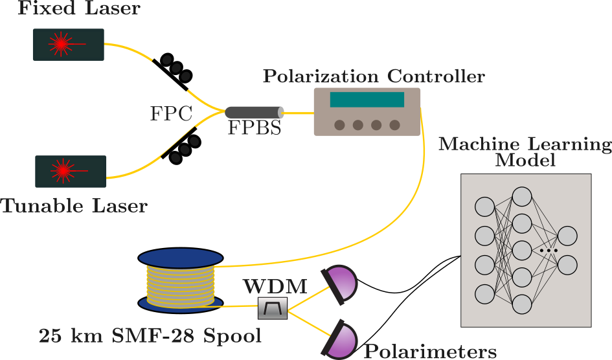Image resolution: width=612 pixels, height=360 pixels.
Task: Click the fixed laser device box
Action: (x=69, y=45)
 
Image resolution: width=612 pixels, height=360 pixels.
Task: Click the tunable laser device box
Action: (x=70, y=172)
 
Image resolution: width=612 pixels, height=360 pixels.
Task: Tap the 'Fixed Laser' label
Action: (x=79, y=9)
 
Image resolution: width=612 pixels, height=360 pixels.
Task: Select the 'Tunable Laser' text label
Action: (x=74, y=207)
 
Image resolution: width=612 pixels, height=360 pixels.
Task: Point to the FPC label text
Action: (x=171, y=114)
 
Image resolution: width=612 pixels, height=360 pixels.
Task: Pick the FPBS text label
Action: (x=255, y=129)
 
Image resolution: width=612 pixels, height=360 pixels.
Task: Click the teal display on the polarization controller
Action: (x=367, y=100)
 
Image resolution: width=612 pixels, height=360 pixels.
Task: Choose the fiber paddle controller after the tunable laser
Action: (x=181, y=146)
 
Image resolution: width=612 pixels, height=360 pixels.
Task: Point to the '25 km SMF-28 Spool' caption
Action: (x=150, y=337)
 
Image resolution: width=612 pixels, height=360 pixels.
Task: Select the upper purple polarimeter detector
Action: (x=341, y=283)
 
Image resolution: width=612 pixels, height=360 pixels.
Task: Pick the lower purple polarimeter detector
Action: (x=341, y=338)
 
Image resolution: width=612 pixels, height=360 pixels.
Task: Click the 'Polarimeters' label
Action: (x=430, y=352)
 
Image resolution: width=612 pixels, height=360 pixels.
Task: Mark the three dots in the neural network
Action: (x=549, y=249)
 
